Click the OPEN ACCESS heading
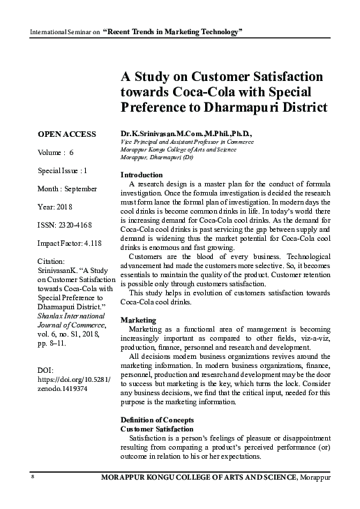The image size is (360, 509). pyautogui.click(x=66, y=133)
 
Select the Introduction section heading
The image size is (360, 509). pyautogui.click(x=142, y=174)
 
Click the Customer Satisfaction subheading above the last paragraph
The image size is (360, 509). pyautogui.click(x=156, y=428)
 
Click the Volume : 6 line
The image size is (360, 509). pyautogui.click(x=57, y=152)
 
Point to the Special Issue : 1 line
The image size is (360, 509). pyautogui.click(x=63, y=170)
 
